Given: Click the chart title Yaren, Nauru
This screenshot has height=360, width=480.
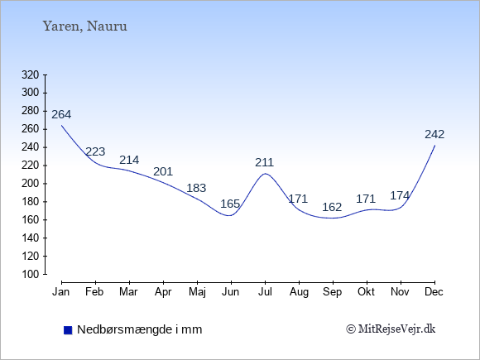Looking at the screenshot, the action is point(84,26).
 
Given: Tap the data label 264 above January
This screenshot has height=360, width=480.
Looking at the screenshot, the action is point(61,114).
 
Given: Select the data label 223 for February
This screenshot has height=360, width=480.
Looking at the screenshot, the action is point(95,151).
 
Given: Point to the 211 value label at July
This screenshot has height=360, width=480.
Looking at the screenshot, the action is point(265,162).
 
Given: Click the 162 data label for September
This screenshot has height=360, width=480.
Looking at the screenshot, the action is point(332,207).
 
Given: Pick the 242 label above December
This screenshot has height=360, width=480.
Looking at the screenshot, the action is point(434,134).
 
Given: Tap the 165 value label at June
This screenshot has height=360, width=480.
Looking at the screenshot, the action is point(230,204).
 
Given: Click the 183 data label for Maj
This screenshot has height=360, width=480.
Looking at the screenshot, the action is point(196,188).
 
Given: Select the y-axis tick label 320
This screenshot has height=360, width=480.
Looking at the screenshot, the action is point(31,74).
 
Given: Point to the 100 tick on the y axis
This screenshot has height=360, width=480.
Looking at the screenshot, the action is point(31,274).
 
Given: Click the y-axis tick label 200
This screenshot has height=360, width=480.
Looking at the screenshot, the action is point(31,184).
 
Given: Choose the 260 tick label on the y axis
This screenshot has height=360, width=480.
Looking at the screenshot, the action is point(31,129).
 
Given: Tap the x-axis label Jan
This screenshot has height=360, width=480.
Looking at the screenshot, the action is point(61,292).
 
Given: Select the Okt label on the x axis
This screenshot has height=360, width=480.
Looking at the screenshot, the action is point(366,292).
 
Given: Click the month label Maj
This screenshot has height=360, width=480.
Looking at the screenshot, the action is point(197,292).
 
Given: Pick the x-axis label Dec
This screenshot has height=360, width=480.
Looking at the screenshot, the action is point(434,292).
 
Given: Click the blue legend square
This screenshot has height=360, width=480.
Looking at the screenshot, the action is point(68,330).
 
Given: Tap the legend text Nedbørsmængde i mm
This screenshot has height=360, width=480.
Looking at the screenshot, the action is point(140,329).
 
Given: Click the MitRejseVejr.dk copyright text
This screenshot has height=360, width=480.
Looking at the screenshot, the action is point(391,329).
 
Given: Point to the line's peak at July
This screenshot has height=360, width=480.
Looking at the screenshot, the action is point(265,174).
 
